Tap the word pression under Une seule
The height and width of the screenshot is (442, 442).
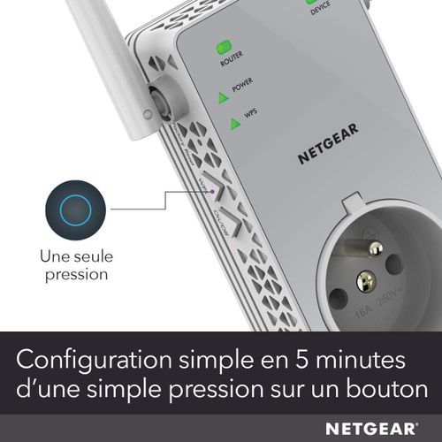coord(72,274)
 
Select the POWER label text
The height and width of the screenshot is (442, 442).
coord(243,88)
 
